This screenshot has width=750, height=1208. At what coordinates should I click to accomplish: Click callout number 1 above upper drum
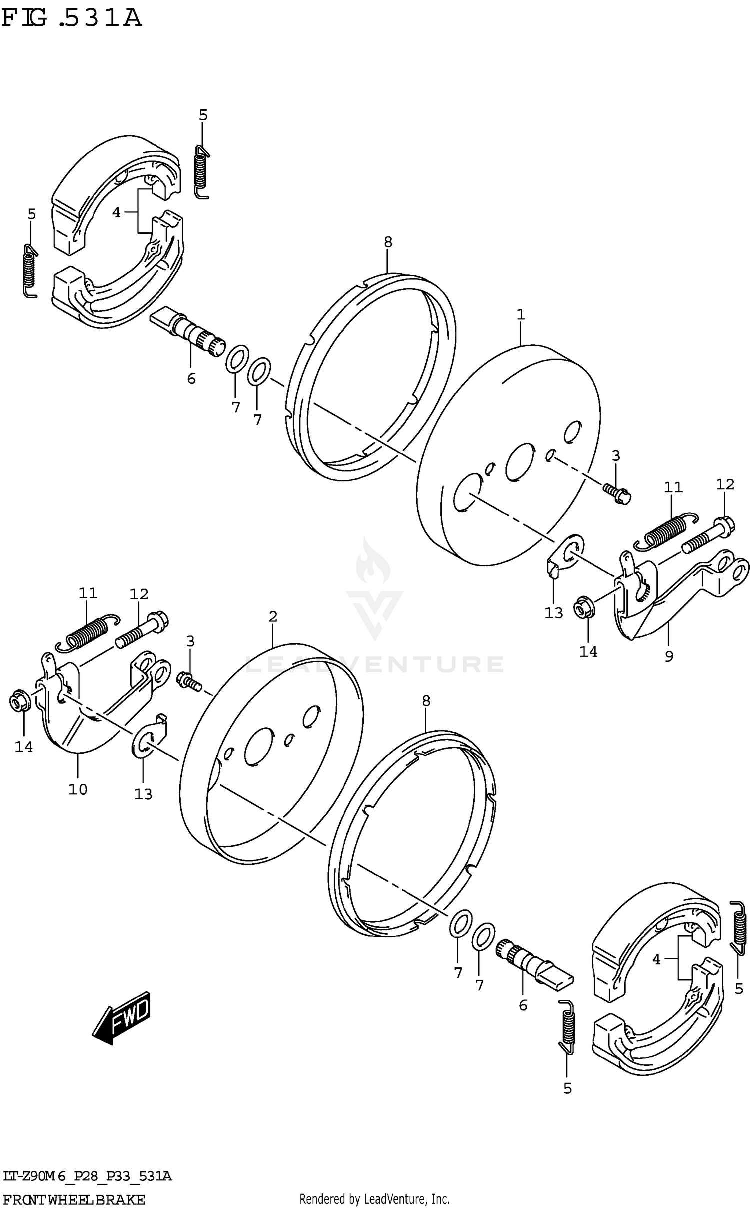pos(521,315)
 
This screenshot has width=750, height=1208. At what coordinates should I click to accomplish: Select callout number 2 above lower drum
pos(272,617)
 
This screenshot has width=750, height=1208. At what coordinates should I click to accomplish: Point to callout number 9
pos(669,656)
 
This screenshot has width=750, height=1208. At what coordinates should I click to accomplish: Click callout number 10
pos(78,789)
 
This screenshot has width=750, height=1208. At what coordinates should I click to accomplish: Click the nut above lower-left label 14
pos(20,702)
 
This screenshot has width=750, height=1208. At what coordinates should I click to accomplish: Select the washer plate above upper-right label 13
pos(564,556)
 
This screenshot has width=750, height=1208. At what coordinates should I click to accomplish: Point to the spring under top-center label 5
pos(201,171)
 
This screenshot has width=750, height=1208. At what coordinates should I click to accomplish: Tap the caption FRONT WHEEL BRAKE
pos(73,1199)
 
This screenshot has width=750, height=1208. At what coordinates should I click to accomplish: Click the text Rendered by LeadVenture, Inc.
pos(374,1199)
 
